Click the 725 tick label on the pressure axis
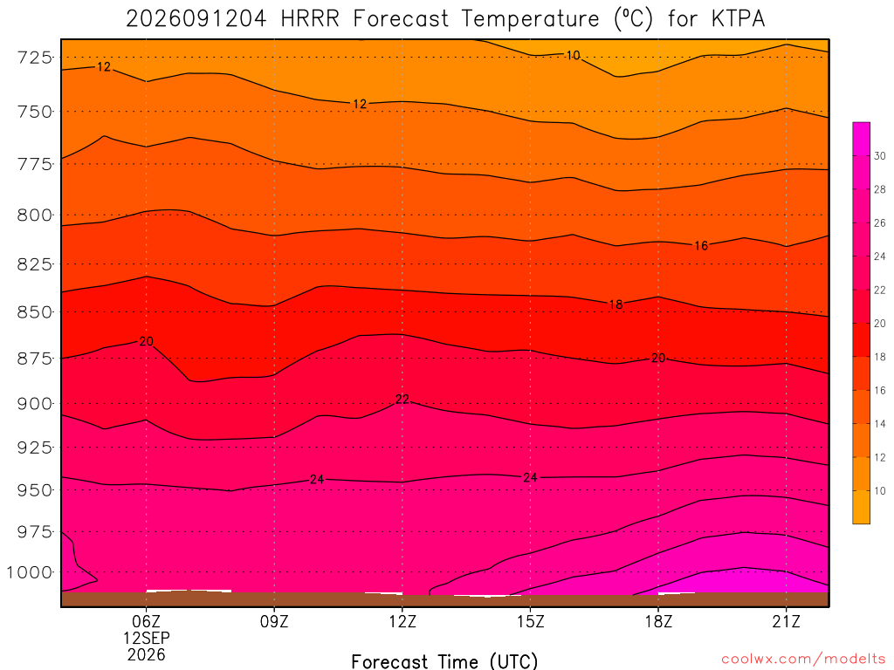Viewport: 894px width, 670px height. point(34,58)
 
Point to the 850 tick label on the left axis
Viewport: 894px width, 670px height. point(34,312)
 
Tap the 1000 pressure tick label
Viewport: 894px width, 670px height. point(30,572)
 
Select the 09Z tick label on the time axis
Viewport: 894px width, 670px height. point(274,621)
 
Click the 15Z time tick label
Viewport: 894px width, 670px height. point(530,621)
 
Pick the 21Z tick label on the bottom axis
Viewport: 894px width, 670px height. point(787,621)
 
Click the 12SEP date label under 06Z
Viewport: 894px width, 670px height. point(147,638)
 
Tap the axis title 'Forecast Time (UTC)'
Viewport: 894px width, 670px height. point(444,661)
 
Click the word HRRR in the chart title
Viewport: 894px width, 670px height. point(310,19)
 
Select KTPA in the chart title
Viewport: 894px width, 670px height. point(738,19)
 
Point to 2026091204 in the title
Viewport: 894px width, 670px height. point(196,19)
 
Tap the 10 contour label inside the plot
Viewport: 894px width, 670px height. point(573,55)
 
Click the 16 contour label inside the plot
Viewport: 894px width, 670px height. point(701,245)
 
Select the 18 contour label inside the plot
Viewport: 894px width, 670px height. point(615,304)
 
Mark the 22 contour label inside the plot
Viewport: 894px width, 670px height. point(402,399)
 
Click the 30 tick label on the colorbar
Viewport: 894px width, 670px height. point(880,156)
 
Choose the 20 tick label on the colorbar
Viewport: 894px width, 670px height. point(880,324)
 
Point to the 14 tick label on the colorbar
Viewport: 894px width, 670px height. point(880,424)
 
